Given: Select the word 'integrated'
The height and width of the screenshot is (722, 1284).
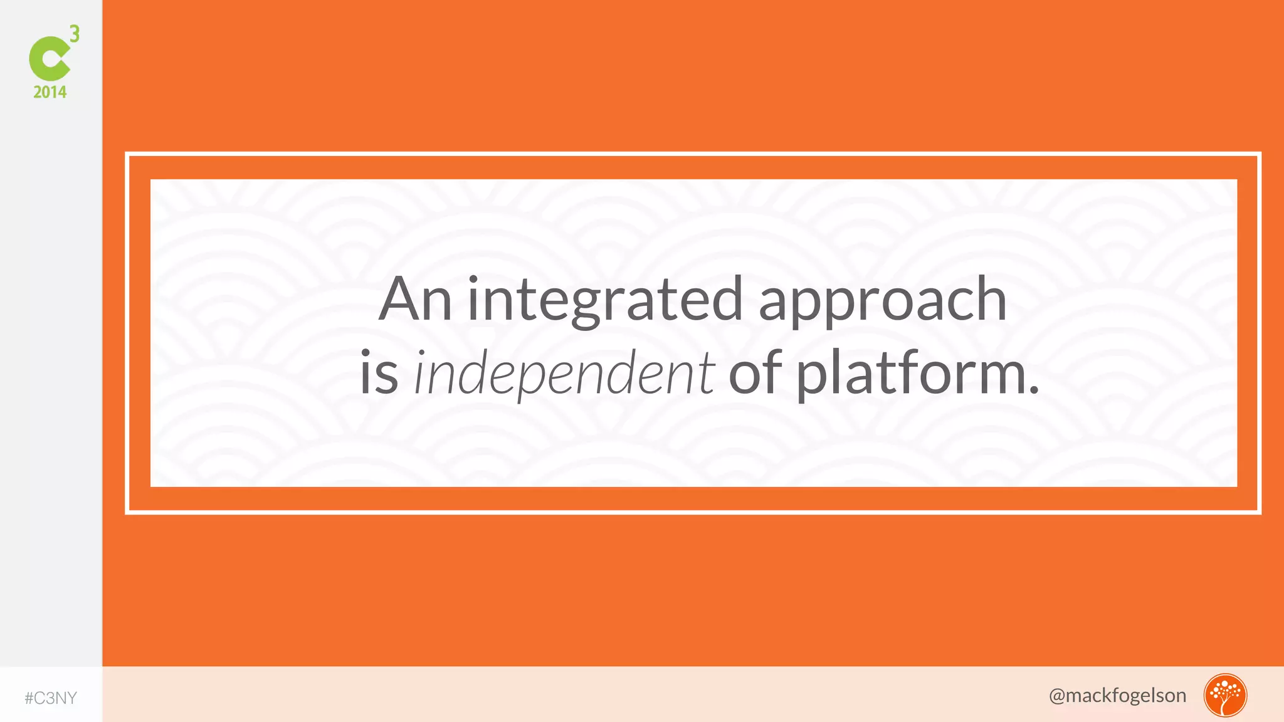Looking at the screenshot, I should [x=605, y=301].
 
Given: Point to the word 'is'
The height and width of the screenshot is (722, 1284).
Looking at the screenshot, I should [x=379, y=374].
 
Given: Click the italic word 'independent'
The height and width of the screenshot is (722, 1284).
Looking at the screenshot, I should [x=564, y=374].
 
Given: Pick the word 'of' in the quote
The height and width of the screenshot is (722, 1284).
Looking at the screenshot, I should [x=755, y=372].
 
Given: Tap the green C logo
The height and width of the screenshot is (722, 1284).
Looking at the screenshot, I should [x=49, y=58].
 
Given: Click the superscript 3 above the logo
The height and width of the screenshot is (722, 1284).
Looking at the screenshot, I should [x=75, y=33].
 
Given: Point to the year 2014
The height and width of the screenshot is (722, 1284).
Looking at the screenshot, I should [x=50, y=92].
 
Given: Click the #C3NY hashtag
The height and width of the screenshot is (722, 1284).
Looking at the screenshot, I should [x=51, y=698].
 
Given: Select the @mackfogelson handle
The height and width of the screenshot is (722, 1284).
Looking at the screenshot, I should [x=1117, y=695].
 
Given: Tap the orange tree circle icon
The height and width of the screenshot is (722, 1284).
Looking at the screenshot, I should [x=1224, y=695].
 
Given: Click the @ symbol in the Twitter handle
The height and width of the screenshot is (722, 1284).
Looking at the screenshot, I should [x=1057, y=696].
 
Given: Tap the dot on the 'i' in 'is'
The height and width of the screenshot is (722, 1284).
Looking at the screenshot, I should [x=366, y=354].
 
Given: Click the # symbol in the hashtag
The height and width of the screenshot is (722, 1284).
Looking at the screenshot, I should [x=29, y=698].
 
